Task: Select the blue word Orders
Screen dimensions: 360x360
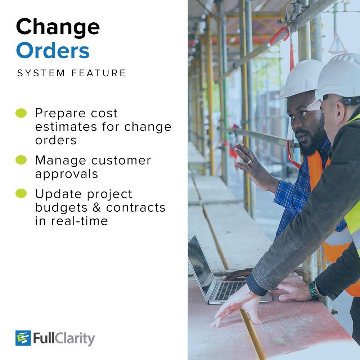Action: click(x=53, y=50)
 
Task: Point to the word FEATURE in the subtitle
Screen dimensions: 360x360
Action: click(x=99, y=73)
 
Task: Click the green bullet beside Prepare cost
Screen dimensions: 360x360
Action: click(x=21, y=113)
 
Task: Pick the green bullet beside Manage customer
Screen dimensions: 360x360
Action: click(x=21, y=160)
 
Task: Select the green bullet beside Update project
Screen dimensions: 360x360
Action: click(x=21, y=193)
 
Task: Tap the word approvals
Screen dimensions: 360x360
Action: click(x=67, y=174)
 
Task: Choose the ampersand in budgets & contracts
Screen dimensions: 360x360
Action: click(x=96, y=207)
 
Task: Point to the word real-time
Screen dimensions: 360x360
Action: click(x=80, y=221)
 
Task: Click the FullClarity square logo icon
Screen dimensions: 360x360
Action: click(x=23, y=338)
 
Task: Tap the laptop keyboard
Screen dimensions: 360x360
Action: click(x=230, y=291)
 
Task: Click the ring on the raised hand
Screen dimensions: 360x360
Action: click(x=249, y=163)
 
